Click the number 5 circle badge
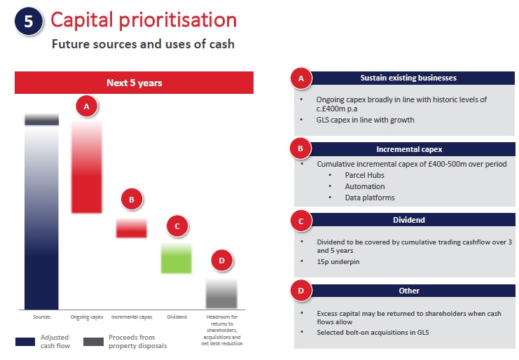click(28, 21)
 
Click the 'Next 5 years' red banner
click(134, 83)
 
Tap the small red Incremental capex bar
click(131, 228)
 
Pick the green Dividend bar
click(177, 258)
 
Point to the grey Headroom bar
click(221, 293)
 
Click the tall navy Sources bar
click(42, 217)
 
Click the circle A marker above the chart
click(87, 106)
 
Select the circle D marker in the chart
click(221, 261)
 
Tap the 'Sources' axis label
click(42, 317)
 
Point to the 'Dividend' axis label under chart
click(177, 317)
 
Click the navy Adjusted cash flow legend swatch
click(25, 342)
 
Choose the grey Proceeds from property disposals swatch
click(93, 342)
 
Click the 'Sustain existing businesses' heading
click(407, 78)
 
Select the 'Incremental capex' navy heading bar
click(407, 149)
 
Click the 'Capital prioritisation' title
click(143, 20)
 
